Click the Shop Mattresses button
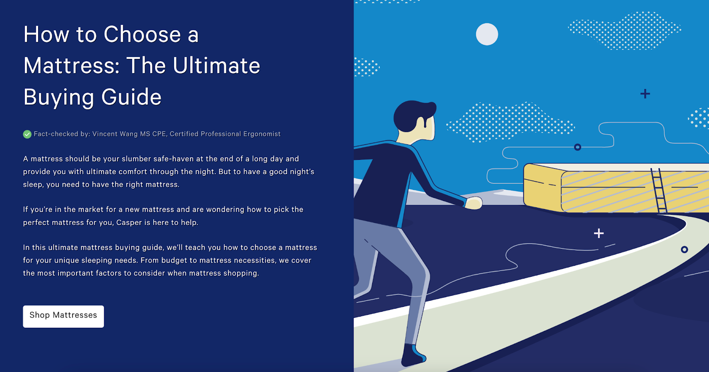[x=63, y=316]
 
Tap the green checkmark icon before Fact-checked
[x=27, y=134]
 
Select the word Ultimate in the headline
[x=216, y=66]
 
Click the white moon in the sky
[x=487, y=34]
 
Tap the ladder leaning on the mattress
[x=658, y=190]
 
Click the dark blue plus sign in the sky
[x=645, y=94]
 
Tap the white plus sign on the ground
[x=599, y=233]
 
